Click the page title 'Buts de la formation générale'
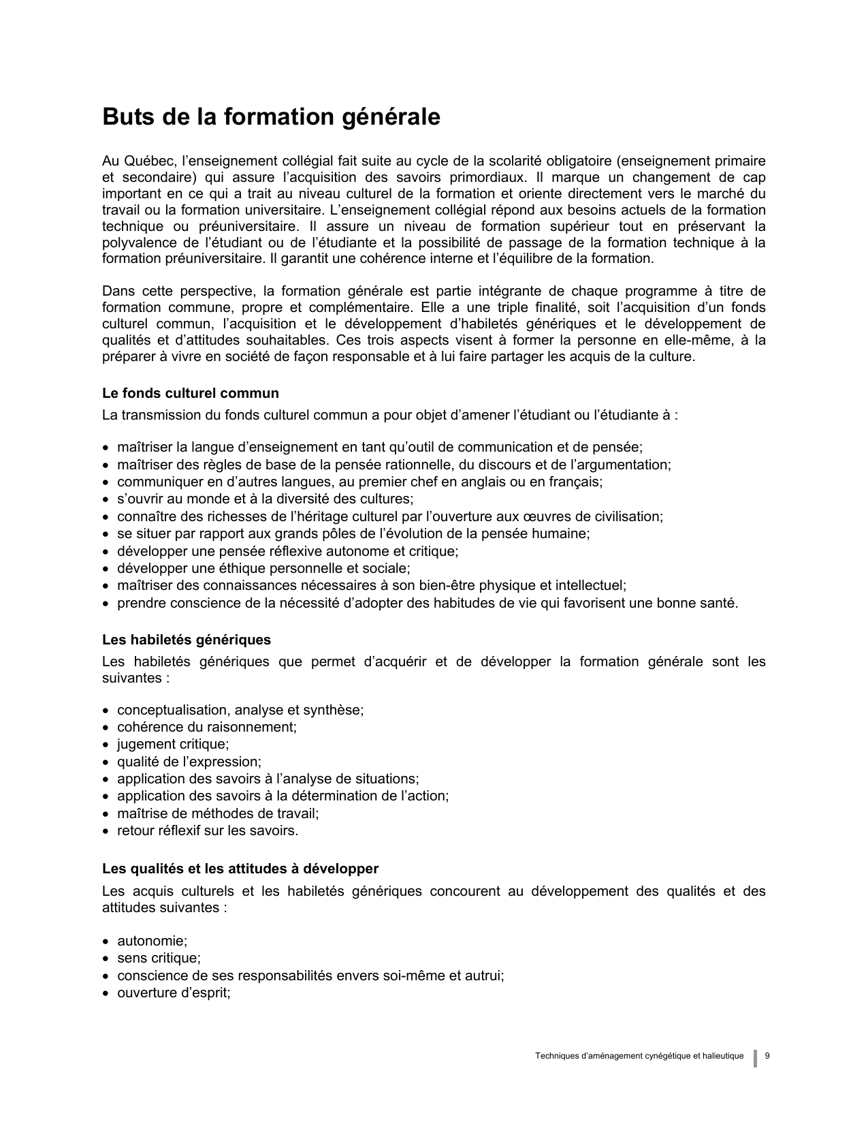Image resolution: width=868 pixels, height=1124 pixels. (271, 117)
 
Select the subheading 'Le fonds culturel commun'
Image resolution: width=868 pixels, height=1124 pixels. (191, 393)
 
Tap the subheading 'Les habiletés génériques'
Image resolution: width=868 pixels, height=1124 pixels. (187, 640)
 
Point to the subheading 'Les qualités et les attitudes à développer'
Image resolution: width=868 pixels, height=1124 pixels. (240, 869)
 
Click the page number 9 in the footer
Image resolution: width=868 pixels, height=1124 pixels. (767, 1056)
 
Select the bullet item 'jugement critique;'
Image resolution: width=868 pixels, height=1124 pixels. (173, 745)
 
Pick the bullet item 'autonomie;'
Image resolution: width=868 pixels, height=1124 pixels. (152, 941)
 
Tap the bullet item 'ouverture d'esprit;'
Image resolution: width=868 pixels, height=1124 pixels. (174, 993)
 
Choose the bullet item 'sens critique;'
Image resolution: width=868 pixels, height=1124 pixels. (159, 958)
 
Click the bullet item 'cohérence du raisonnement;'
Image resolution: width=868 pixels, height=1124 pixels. (207, 727)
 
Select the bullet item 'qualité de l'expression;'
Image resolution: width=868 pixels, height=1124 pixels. (189, 762)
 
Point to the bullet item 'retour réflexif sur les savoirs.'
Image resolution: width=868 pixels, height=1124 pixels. (208, 830)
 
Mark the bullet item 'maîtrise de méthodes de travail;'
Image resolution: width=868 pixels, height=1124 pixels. (218, 813)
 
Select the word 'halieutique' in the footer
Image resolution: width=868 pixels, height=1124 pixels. (722, 1056)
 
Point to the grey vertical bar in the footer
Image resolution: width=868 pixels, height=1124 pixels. (755, 1058)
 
